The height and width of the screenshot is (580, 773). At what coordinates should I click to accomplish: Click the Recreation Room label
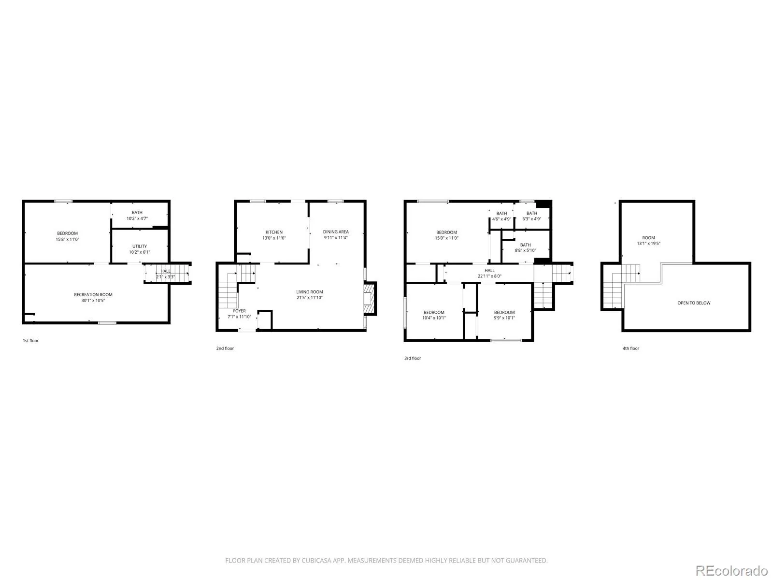pos(93,294)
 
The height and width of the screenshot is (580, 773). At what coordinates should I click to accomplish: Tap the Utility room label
pos(140,246)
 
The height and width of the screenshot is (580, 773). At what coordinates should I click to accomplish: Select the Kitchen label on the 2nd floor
pos(274,232)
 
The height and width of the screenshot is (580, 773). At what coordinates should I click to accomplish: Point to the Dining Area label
pos(336,232)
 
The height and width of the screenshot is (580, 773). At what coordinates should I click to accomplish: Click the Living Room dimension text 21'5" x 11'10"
pos(309,298)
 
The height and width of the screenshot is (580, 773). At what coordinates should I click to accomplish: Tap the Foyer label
pos(239,311)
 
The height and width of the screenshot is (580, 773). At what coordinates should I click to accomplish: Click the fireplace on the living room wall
pos(370,298)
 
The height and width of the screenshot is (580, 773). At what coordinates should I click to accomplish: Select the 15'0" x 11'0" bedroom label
pos(446,235)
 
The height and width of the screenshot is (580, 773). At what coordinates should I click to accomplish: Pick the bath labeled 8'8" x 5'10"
pos(526,247)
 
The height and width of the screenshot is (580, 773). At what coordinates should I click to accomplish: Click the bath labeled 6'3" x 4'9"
pos(531,216)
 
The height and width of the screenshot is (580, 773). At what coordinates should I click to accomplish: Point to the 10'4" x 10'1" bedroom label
pos(434,315)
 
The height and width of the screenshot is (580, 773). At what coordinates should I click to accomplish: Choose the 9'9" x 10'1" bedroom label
pos(504,315)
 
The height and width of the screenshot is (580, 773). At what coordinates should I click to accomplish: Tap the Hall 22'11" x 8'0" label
pos(489,273)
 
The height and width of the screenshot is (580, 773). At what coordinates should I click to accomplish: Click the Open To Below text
pos(694,303)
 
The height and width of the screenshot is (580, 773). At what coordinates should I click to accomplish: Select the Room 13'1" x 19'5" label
pos(648,241)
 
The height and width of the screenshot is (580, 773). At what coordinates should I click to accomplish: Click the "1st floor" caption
pos(30,341)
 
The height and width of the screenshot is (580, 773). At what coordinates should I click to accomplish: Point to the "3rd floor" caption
pos(413,358)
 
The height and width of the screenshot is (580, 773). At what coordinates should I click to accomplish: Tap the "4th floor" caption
pos(631,348)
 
